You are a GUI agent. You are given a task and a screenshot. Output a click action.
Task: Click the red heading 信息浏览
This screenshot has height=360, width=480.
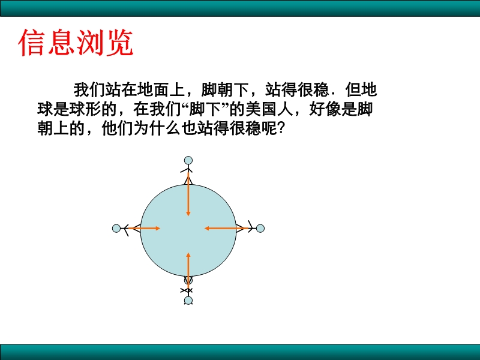pyautogui.click(x=76, y=43)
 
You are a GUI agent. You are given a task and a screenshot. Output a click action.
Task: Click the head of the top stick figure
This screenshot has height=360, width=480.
pyautogui.click(x=188, y=160)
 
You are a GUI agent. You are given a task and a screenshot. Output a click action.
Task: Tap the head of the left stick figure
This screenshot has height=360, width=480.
pyautogui.click(x=116, y=229)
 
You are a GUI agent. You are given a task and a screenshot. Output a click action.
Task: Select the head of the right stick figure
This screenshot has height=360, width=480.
pyautogui.click(x=260, y=229)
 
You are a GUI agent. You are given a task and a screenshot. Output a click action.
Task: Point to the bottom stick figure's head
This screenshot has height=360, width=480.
pyautogui.click(x=188, y=301)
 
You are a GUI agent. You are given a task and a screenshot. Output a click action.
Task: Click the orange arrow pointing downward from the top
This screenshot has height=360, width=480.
pyautogui.click(x=188, y=194)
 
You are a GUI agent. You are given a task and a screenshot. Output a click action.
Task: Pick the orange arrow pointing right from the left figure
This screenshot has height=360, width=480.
pyautogui.click(x=144, y=229)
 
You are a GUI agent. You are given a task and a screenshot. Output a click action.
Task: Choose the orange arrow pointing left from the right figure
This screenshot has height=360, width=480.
pyautogui.click(x=226, y=229)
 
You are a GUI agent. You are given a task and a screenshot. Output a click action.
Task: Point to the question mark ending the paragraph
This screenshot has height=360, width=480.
pyautogui.click(x=281, y=128)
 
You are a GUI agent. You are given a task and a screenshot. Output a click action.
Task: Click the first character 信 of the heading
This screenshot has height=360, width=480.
pyautogui.click(x=32, y=43)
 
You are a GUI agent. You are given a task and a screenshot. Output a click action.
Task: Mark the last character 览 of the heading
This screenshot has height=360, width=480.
pyautogui.click(x=119, y=43)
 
